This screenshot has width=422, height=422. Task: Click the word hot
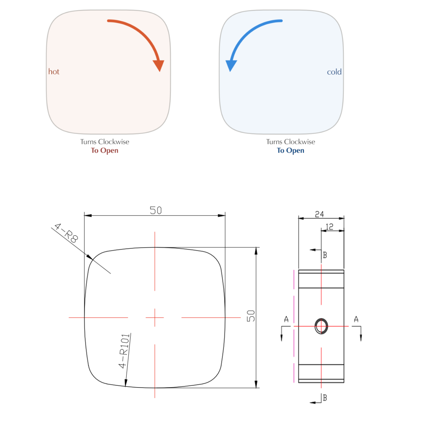click(x=54, y=72)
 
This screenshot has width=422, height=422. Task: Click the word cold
click(x=334, y=72)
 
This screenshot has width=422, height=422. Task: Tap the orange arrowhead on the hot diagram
click(x=159, y=66)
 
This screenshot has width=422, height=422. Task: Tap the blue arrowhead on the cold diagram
click(x=231, y=66)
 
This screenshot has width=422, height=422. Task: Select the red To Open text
click(x=104, y=151)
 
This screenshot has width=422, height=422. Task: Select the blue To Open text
click(x=290, y=151)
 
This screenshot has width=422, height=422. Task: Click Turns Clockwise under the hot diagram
click(x=104, y=142)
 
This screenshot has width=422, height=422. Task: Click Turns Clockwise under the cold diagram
click(x=290, y=142)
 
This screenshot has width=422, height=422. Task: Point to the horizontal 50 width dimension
click(x=155, y=210)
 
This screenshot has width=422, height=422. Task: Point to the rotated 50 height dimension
click(x=251, y=316)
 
